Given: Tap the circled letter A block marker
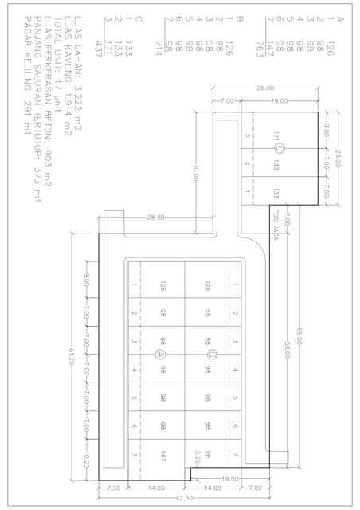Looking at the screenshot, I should (162, 353).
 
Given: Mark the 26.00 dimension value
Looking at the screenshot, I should (265, 88).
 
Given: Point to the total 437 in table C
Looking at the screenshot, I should (99, 45).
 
